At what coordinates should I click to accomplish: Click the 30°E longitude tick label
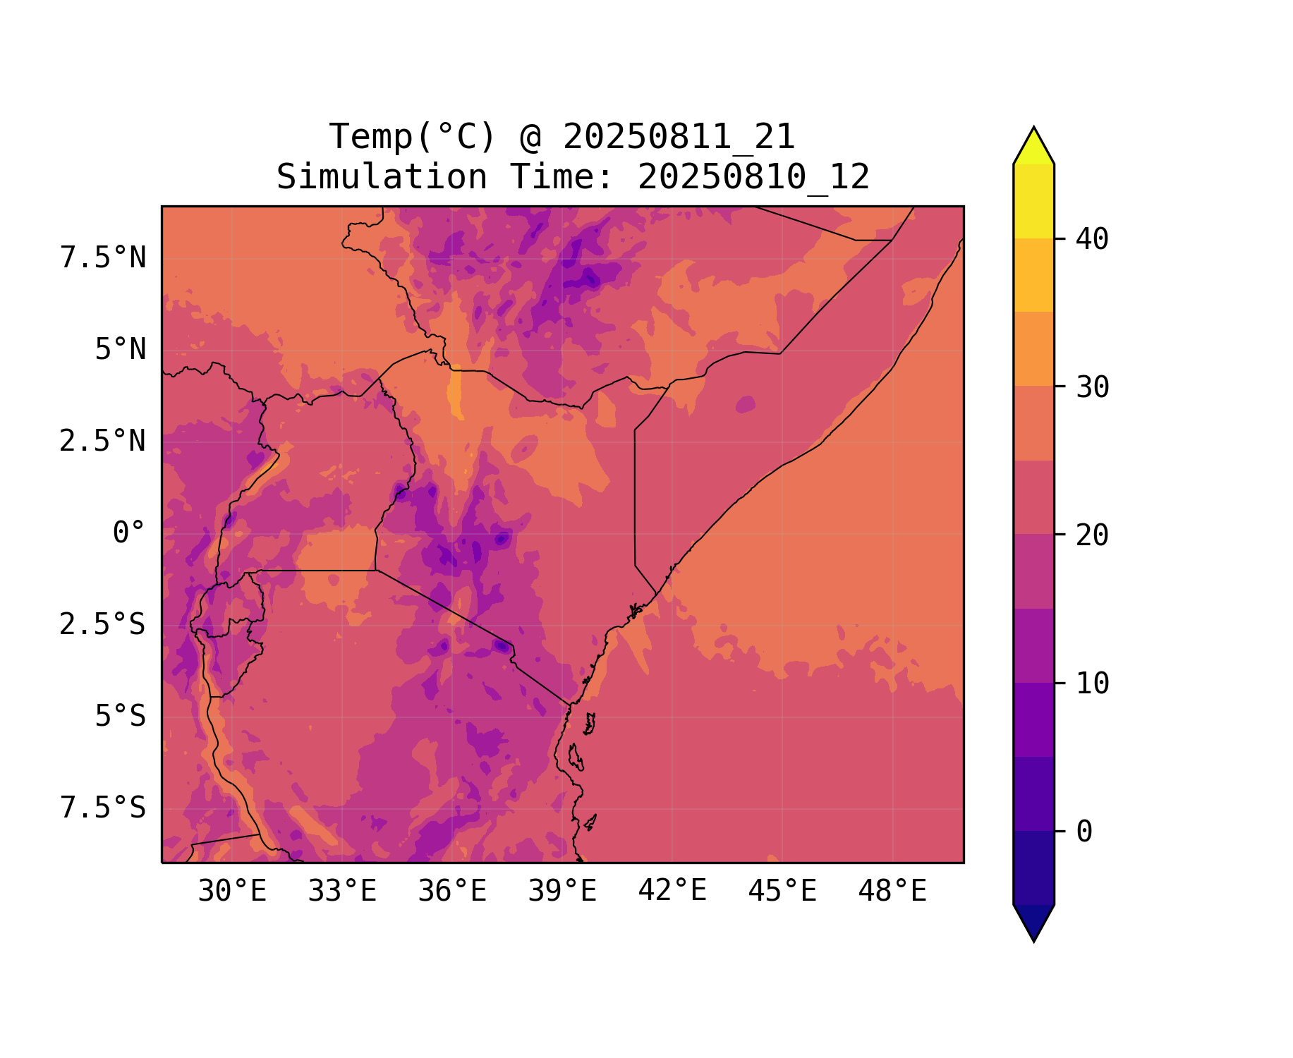tap(232, 892)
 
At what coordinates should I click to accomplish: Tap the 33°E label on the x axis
tap(342, 892)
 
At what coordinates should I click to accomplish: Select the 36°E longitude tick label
tap(452, 892)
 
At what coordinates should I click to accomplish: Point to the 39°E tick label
tap(562, 892)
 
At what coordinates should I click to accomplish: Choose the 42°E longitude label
tap(672, 892)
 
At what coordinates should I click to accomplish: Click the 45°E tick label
tap(782, 892)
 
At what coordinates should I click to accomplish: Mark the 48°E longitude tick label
tap(892, 892)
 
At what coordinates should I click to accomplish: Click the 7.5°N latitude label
tap(103, 258)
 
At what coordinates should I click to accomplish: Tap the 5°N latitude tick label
tap(121, 350)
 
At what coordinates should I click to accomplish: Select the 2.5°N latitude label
tap(103, 442)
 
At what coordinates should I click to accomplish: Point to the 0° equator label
tap(129, 533)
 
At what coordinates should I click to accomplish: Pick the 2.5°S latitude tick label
tap(103, 625)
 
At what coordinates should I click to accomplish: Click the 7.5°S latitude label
tap(103, 808)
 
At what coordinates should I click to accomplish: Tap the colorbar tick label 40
tap(1092, 240)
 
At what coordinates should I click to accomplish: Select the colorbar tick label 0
tap(1084, 832)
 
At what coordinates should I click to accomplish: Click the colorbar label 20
tap(1092, 536)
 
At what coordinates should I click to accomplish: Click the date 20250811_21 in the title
tap(679, 137)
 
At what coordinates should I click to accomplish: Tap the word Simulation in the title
tap(382, 177)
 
